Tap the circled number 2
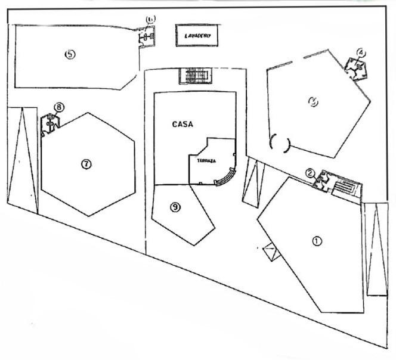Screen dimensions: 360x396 [310, 173]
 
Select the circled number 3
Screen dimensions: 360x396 [313, 102]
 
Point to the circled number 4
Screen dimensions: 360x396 [360, 52]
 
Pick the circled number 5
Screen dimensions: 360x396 [69, 54]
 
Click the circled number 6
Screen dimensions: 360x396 [150, 20]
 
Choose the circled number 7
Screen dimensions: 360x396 [86, 164]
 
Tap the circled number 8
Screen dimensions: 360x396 [58, 107]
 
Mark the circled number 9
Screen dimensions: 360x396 [175, 207]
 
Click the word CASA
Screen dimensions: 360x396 [182, 125]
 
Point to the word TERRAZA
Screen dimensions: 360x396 [201, 160]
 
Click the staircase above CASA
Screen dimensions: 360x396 [196, 76]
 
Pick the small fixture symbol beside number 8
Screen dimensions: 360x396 [51, 125]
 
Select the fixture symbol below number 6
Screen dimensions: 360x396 [147, 37]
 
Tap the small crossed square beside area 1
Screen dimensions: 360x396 [270, 252]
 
